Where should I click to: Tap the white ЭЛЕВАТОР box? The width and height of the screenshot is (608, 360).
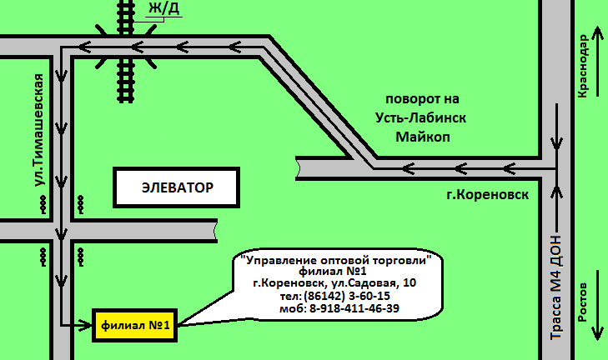tap(177, 187)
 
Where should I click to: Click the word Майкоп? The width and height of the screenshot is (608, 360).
tap(423, 137)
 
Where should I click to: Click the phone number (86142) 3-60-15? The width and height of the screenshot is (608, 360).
tap(347, 296)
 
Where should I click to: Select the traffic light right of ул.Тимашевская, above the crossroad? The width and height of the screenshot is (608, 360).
tap(81, 203)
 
